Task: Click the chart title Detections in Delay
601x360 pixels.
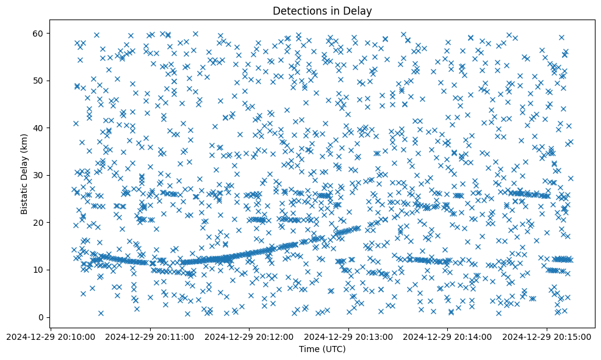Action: [322, 10]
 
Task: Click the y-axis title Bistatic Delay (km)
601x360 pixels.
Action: [24, 173]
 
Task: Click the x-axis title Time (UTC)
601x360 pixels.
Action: [322, 349]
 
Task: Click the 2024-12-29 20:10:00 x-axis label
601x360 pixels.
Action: [52, 336]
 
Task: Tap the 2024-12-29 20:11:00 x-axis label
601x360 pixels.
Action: [151, 336]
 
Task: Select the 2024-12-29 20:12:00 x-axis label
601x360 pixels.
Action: [250, 336]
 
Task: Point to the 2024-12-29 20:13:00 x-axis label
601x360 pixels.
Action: [348, 336]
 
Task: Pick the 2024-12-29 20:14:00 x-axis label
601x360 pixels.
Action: [447, 336]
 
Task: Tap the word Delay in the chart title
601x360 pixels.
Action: [359, 10]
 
